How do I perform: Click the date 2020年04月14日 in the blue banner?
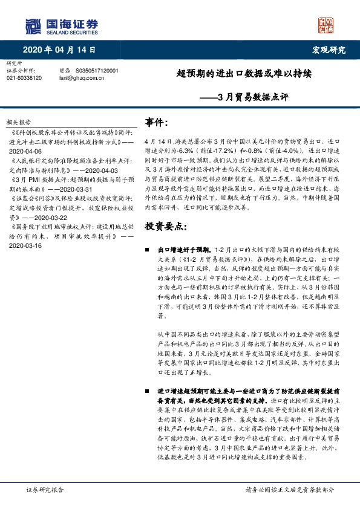pyautogui.click(x=60, y=50)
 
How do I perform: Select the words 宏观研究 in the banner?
pyautogui.click(x=328, y=50)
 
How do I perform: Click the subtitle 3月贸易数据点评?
pyautogui.click(x=252, y=96)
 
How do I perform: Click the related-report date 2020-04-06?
pyautogui.click(x=26, y=151)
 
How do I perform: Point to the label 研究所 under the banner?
pyautogui.click(x=13, y=63)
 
